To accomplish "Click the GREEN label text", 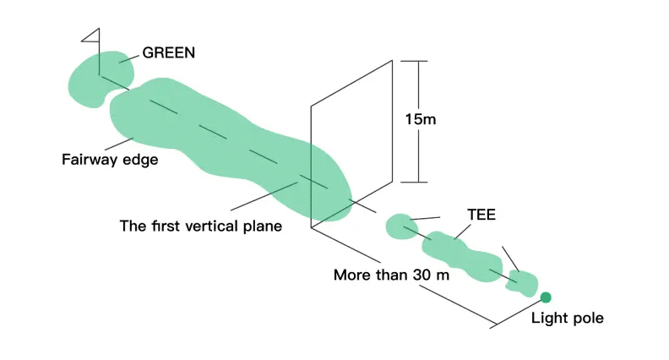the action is [169, 52].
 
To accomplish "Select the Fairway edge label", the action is [110, 160].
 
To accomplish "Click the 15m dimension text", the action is [421, 119].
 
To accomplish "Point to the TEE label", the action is [481, 215].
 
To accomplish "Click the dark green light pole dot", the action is [546, 297].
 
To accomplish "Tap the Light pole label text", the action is [568, 318].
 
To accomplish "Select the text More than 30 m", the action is [392, 275].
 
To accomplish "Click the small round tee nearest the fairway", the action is [401, 226].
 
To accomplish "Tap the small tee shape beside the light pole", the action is [522, 284].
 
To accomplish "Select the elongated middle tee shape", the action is [462, 255].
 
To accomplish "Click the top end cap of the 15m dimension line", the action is [414, 61].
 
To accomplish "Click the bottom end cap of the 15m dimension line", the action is [414, 183].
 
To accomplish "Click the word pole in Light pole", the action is [588, 319].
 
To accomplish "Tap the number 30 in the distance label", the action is [422, 275].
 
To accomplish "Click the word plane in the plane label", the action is [263, 226].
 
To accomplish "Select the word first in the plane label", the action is [165, 226].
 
